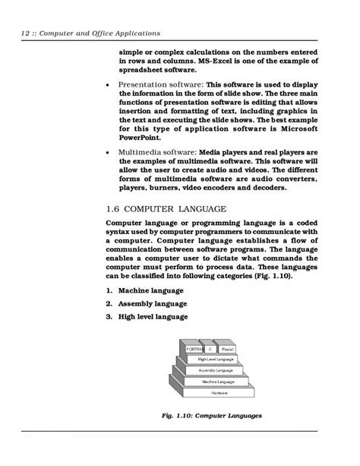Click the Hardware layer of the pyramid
pyautogui.click(x=218, y=393)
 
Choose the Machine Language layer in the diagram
pyautogui.click(x=218, y=382)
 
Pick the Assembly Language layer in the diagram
pyautogui.click(x=218, y=370)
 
